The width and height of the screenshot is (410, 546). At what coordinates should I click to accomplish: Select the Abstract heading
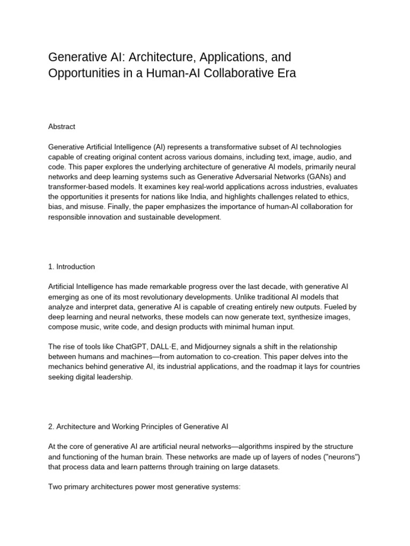point(62,126)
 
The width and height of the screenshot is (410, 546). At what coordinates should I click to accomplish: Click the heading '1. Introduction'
point(72,267)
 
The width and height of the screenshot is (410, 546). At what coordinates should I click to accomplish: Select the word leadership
point(111,377)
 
